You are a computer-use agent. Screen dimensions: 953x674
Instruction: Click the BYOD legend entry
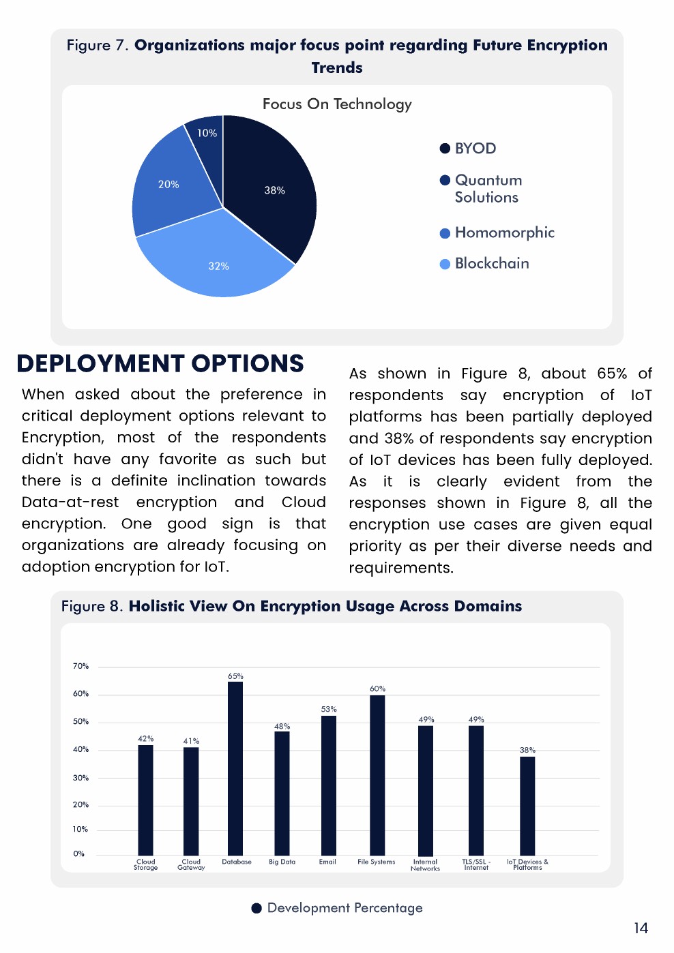pos(475,149)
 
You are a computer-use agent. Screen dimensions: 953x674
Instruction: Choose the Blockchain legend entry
pos(491,264)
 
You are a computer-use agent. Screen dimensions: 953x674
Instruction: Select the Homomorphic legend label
pos(504,233)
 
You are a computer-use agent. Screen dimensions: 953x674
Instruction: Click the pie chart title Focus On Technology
pos(337,104)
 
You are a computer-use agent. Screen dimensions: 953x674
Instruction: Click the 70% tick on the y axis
pos(80,666)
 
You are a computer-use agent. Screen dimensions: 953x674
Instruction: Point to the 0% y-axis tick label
pos(79,853)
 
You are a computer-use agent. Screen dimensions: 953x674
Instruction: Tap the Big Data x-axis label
pos(282,862)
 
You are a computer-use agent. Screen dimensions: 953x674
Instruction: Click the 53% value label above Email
pos(329,709)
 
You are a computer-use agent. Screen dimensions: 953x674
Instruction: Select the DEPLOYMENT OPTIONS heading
pos(160,364)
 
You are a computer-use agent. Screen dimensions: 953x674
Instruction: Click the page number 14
pos(641,928)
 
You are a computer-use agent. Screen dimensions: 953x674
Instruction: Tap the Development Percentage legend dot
pos(257,908)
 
